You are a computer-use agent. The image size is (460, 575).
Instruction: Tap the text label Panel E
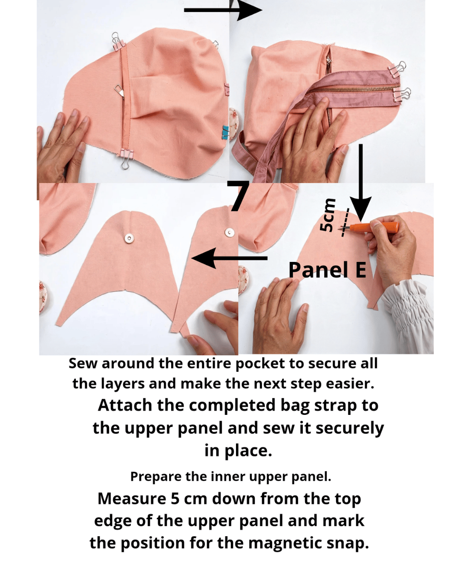pyautogui.click(x=327, y=270)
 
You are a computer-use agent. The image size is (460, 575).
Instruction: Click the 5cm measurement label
pyautogui.click(x=328, y=215)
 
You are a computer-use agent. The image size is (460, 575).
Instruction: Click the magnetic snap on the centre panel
pyautogui.click(x=129, y=238)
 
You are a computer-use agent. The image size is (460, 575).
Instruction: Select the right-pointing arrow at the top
pyautogui.click(x=223, y=10)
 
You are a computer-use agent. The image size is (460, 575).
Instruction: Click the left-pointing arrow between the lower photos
pyautogui.click(x=229, y=258)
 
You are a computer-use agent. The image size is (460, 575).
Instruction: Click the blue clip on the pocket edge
pyautogui.click(x=226, y=132)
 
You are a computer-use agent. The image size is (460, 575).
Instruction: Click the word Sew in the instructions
pyautogui.click(x=83, y=364)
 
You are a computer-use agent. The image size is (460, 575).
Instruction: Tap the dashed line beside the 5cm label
pyautogui.click(x=345, y=222)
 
